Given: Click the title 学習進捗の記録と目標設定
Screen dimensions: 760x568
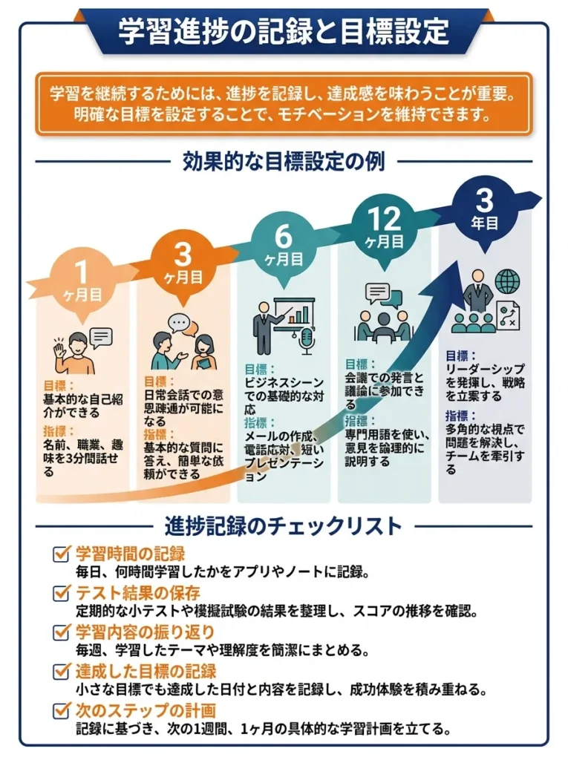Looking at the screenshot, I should pos(284,31).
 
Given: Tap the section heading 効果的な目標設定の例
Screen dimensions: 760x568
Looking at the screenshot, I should pos(284,162).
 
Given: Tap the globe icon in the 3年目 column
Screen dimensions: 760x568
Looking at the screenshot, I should pos(507,282).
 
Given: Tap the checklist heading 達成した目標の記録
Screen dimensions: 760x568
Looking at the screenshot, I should pos(146,671).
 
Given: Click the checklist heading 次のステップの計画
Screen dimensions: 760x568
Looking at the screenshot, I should pos(146,710).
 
